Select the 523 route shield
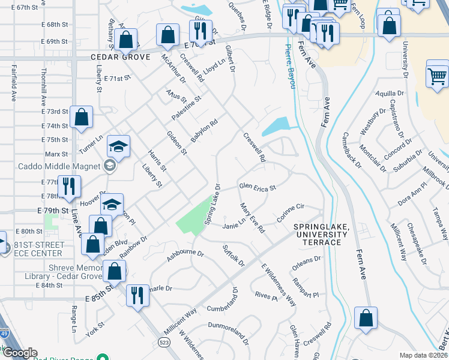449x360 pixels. [163, 341]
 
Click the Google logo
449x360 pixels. [20, 353]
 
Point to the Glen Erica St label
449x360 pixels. [257, 187]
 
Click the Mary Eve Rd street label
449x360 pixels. [252, 218]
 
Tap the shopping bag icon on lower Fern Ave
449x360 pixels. [366, 318]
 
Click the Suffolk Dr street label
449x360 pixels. [234, 256]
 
